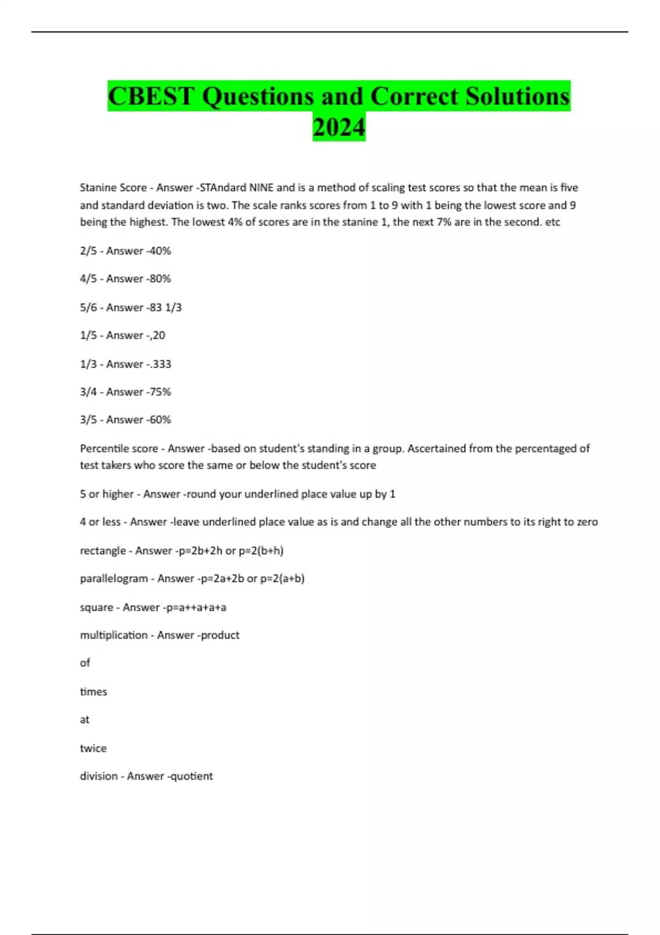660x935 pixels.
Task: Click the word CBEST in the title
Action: (151, 96)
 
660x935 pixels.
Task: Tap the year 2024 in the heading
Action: (339, 127)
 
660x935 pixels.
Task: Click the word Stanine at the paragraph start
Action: (97, 188)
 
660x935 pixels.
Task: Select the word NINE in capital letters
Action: (261, 188)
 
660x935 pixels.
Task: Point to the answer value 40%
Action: (160, 251)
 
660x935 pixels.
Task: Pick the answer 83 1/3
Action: (165, 307)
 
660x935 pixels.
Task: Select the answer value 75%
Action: (160, 392)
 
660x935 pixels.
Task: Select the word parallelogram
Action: (114, 579)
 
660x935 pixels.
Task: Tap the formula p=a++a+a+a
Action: (196, 607)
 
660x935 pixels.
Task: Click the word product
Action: (220, 635)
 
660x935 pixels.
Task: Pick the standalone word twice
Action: (93, 748)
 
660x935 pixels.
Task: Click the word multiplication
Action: (114, 635)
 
